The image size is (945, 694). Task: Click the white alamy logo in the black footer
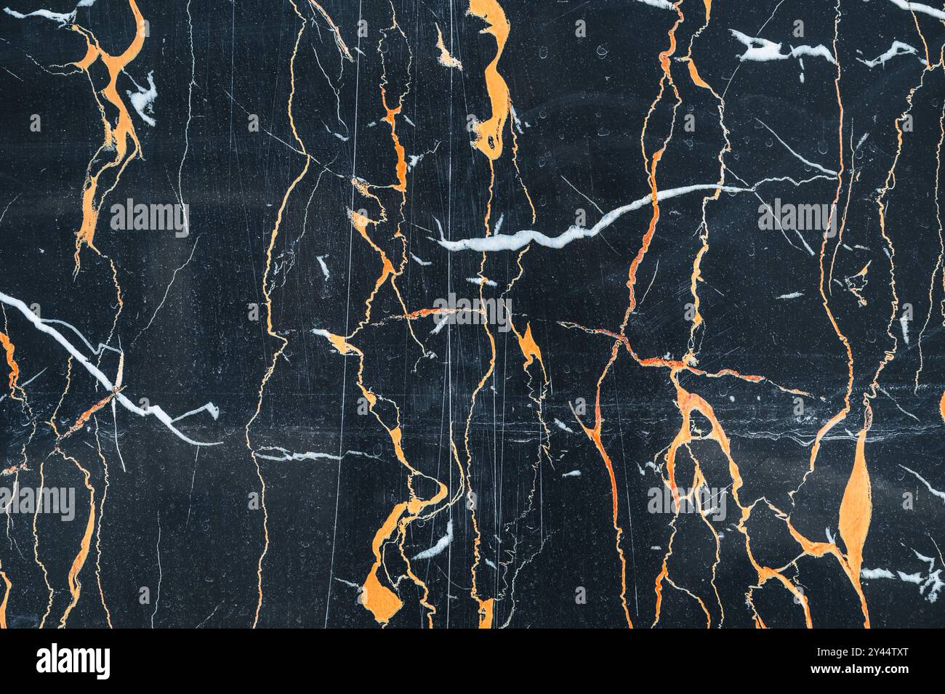click(x=73, y=661)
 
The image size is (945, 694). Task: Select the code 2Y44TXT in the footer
click(x=888, y=652)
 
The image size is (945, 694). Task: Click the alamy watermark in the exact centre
click(x=473, y=311)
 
